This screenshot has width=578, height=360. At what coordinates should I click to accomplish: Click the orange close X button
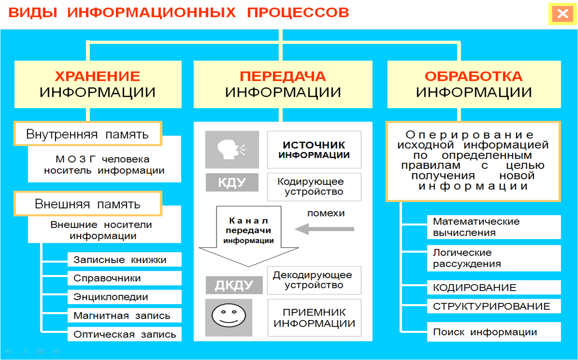pyautogui.click(x=562, y=14)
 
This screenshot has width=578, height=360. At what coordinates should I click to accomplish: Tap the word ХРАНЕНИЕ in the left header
pyautogui.click(x=97, y=76)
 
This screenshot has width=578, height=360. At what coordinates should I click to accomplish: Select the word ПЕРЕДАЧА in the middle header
pyautogui.click(x=283, y=76)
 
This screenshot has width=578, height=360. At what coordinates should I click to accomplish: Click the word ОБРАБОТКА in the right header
pyautogui.click(x=473, y=76)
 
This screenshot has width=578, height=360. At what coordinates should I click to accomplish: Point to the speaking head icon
pyautogui.click(x=232, y=150)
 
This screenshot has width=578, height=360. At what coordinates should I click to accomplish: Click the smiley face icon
pyautogui.click(x=228, y=316)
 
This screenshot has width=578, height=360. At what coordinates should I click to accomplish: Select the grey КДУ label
pyautogui.click(x=232, y=182)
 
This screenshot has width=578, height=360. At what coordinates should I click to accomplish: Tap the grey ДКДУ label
pyautogui.click(x=234, y=285)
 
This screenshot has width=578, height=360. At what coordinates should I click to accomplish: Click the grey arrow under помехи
pyautogui.click(x=324, y=229)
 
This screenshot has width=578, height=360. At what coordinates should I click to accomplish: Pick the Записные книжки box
pyautogui.click(x=124, y=259)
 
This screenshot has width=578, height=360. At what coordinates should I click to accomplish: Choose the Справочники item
pyautogui.click(x=124, y=278)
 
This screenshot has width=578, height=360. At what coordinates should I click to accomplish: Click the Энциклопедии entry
pyautogui.click(x=124, y=297)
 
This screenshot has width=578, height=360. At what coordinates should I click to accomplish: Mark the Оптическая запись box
pyautogui.click(x=124, y=334)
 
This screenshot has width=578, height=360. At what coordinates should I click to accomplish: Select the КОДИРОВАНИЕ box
pyautogui.click(x=494, y=287)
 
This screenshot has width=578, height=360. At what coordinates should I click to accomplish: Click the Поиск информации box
pyautogui.click(x=494, y=332)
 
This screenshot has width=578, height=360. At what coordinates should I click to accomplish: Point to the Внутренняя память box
pyautogui.click(x=87, y=134)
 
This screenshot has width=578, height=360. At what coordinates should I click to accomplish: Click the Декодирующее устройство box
pyautogui.click(x=314, y=280)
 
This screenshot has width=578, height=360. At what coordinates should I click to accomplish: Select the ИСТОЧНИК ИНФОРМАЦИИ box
pyautogui.click(x=314, y=150)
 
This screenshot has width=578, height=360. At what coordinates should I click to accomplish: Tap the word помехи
pyautogui.click(x=326, y=213)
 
